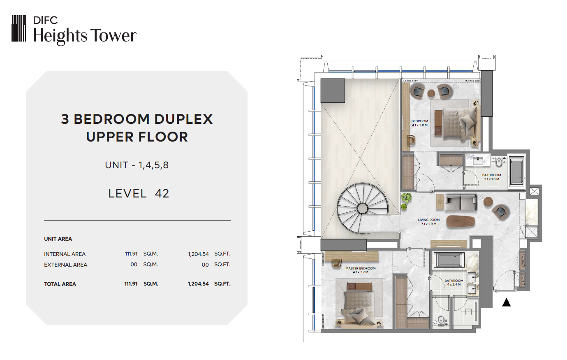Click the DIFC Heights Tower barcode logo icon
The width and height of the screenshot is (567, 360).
(19, 28)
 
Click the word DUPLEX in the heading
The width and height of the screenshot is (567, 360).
(183, 119)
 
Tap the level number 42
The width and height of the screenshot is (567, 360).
(162, 194)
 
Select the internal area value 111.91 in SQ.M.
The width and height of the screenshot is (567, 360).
(131, 253)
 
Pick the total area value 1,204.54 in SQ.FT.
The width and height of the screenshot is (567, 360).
(198, 284)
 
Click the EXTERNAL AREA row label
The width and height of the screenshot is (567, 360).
(65, 265)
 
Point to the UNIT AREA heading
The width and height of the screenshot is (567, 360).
(58, 239)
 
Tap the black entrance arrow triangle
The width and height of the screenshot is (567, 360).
(506, 302)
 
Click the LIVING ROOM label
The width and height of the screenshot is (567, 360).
(428, 220)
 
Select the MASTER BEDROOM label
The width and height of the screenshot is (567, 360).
(361, 268)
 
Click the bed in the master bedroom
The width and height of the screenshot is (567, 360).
(359, 307)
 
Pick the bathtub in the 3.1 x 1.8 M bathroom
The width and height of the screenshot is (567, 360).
(516, 172)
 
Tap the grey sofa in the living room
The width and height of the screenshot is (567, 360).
(461, 202)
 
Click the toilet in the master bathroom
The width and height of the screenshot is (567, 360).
(440, 321)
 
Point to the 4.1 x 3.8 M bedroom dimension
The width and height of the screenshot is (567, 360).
(419, 125)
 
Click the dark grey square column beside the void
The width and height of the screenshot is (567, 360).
(333, 91)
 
